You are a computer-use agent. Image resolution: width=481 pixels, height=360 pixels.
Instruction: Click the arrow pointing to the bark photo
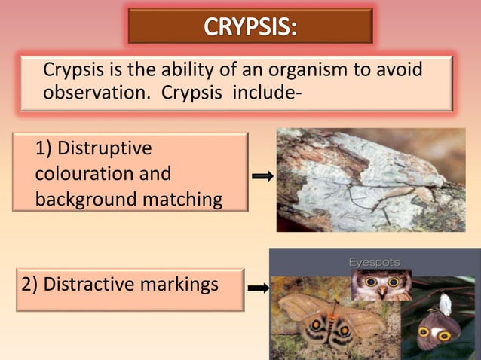[x=262, y=176]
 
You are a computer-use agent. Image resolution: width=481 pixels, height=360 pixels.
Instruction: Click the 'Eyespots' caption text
[x=375, y=262]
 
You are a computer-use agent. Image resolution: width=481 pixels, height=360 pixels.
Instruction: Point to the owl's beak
[x=382, y=291]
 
